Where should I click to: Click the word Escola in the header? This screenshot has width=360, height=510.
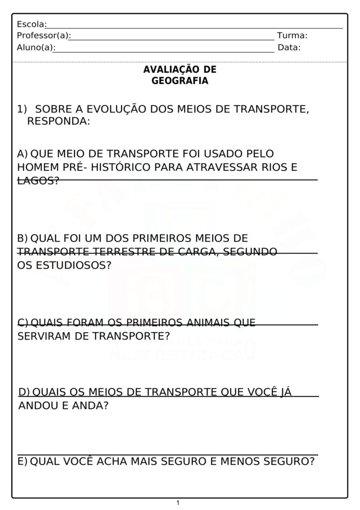[x=30, y=24]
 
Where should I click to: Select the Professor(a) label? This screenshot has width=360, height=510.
[x=43, y=36]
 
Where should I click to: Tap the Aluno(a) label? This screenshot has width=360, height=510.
[x=35, y=48]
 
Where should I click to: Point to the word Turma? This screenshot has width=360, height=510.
[x=292, y=36]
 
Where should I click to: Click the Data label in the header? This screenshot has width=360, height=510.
[x=289, y=48]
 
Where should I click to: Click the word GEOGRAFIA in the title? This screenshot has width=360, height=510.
[x=180, y=81]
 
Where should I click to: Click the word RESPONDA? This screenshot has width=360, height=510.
[x=58, y=121]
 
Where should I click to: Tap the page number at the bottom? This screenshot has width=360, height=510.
[x=178, y=503]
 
